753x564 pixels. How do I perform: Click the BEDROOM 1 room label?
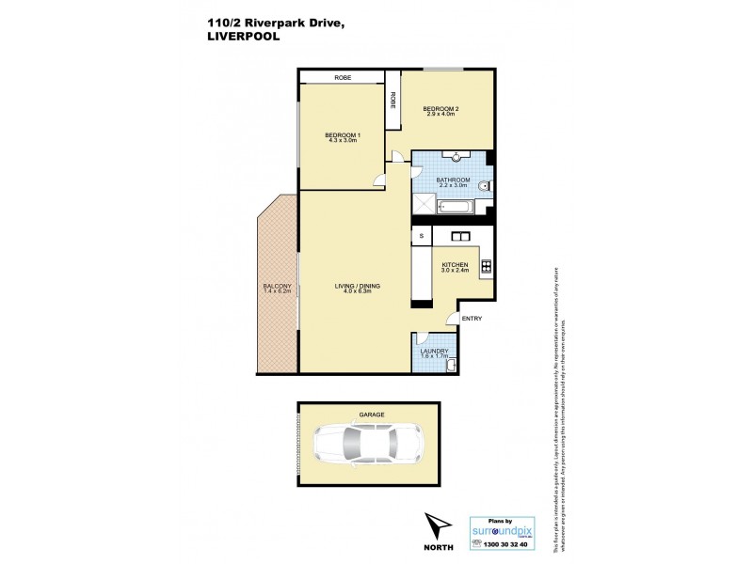(343, 137)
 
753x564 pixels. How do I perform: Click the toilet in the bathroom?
(483, 186)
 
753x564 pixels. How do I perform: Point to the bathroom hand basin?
(455, 156)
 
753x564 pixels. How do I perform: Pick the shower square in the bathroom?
(423, 204)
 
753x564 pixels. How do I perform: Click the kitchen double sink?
(461, 235)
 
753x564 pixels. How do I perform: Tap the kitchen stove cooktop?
(486, 266)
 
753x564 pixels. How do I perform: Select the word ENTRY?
(472, 319)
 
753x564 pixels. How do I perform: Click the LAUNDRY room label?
(434, 352)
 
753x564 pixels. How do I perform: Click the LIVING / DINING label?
(355, 287)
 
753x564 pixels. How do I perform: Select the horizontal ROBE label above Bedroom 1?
(342, 77)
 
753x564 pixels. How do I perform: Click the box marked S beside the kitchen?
(421, 236)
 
